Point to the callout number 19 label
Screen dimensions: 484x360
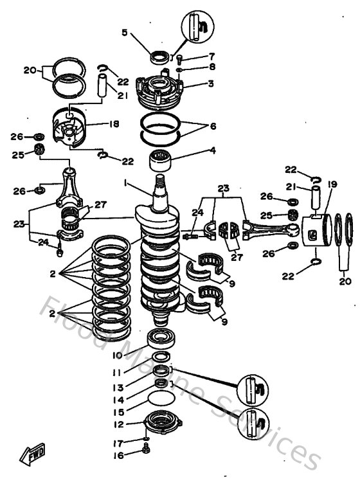(x=332, y=184)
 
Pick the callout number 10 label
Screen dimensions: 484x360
(x=117, y=355)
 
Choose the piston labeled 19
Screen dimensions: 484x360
(x=314, y=233)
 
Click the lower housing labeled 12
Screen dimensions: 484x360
(x=160, y=425)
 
